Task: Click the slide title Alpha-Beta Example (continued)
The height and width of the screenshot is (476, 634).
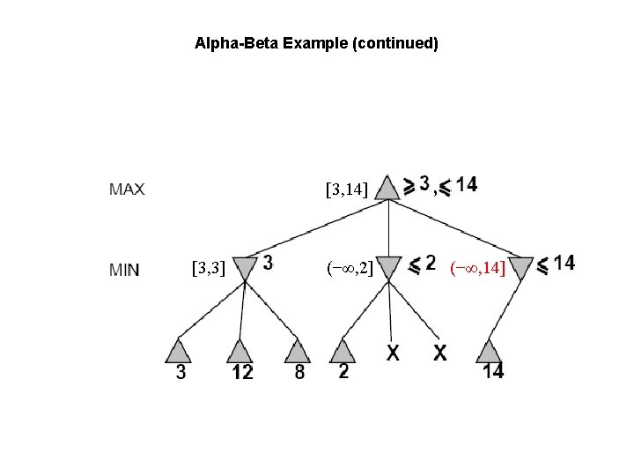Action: [x=316, y=42]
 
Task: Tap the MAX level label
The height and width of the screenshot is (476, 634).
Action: [x=127, y=188]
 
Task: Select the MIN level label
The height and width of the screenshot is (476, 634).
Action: [x=124, y=269]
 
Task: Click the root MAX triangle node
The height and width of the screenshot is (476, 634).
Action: [x=387, y=187]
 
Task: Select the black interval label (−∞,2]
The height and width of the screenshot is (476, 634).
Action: [x=350, y=265]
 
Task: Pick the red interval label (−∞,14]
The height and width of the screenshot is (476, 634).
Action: [x=477, y=266]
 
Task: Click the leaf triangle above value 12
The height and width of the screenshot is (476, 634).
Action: [x=240, y=351]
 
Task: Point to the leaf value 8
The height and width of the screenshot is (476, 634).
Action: [x=299, y=372]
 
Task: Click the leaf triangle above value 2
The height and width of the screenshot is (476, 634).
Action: [x=344, y=351]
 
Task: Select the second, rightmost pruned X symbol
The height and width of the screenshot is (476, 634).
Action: [x=440, y=353]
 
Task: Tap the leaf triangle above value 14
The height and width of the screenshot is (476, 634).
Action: [x=489, y=351]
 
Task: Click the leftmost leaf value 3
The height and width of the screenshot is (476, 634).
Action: [x=181, y=372]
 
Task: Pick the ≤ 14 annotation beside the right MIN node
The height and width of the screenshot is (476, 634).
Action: [x=557, y=263]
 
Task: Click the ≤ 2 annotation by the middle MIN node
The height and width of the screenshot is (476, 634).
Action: [x=422, y=263]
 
